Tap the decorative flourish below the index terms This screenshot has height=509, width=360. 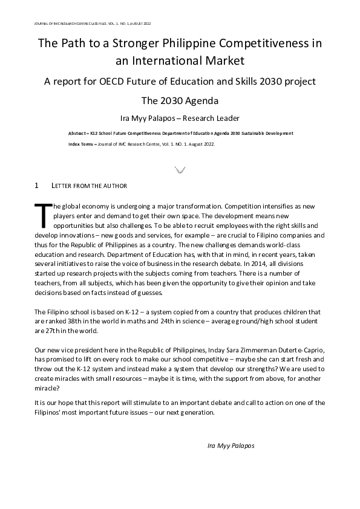[x=180, y=170]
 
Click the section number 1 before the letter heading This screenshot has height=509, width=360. [x=37, y=185]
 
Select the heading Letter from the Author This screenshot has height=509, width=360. [x=90, y=185]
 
